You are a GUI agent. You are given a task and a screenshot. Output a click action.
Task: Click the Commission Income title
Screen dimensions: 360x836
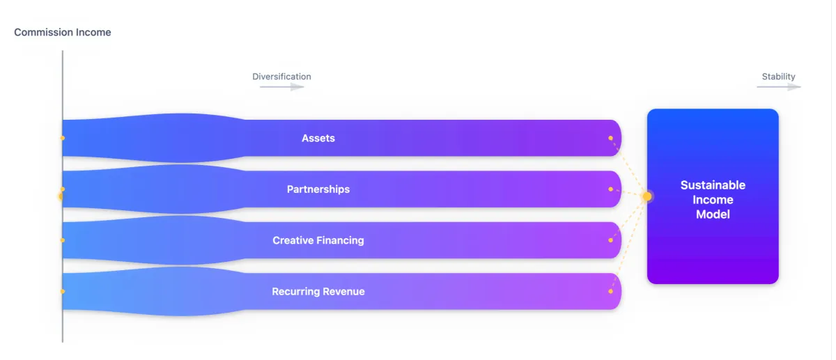click(63, 32)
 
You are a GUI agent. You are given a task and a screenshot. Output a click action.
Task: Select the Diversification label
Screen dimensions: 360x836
click(281, 77)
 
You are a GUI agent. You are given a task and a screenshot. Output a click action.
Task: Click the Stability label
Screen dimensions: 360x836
click(778, 77)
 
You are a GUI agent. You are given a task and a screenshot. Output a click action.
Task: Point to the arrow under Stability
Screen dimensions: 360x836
click(779, 87)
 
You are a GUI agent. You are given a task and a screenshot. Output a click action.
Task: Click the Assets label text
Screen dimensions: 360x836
click(318, 139)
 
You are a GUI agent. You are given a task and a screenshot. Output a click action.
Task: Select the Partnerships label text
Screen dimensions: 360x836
click(318, 189)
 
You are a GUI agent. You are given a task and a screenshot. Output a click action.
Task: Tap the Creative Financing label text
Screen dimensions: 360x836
click(318, 240)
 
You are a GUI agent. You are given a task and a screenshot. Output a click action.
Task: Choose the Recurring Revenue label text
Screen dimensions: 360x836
click(318, 292)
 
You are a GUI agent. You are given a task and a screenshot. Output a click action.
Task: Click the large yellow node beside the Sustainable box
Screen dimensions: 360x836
click(647, 196)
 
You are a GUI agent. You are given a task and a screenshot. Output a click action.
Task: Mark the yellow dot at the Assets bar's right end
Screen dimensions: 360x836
click(611, 139)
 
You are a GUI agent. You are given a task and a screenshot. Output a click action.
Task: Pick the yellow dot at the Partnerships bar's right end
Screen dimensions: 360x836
click(611, 189)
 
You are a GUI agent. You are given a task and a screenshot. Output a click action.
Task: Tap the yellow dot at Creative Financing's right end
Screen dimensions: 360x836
click(611, 240)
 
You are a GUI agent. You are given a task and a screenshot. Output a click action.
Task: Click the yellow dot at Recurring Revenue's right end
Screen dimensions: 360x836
click(611, 291)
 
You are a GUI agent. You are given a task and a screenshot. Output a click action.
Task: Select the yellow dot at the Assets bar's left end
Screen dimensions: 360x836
click(63, 139)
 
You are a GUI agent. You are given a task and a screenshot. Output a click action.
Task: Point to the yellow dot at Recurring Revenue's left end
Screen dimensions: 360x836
click(63, 291)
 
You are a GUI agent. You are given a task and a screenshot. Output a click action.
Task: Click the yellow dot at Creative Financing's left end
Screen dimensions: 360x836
click(63, 240)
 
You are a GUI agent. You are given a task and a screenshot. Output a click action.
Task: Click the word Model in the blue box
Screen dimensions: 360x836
click(713, 214)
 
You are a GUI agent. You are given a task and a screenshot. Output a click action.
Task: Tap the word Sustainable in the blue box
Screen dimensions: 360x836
click(713, 185)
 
